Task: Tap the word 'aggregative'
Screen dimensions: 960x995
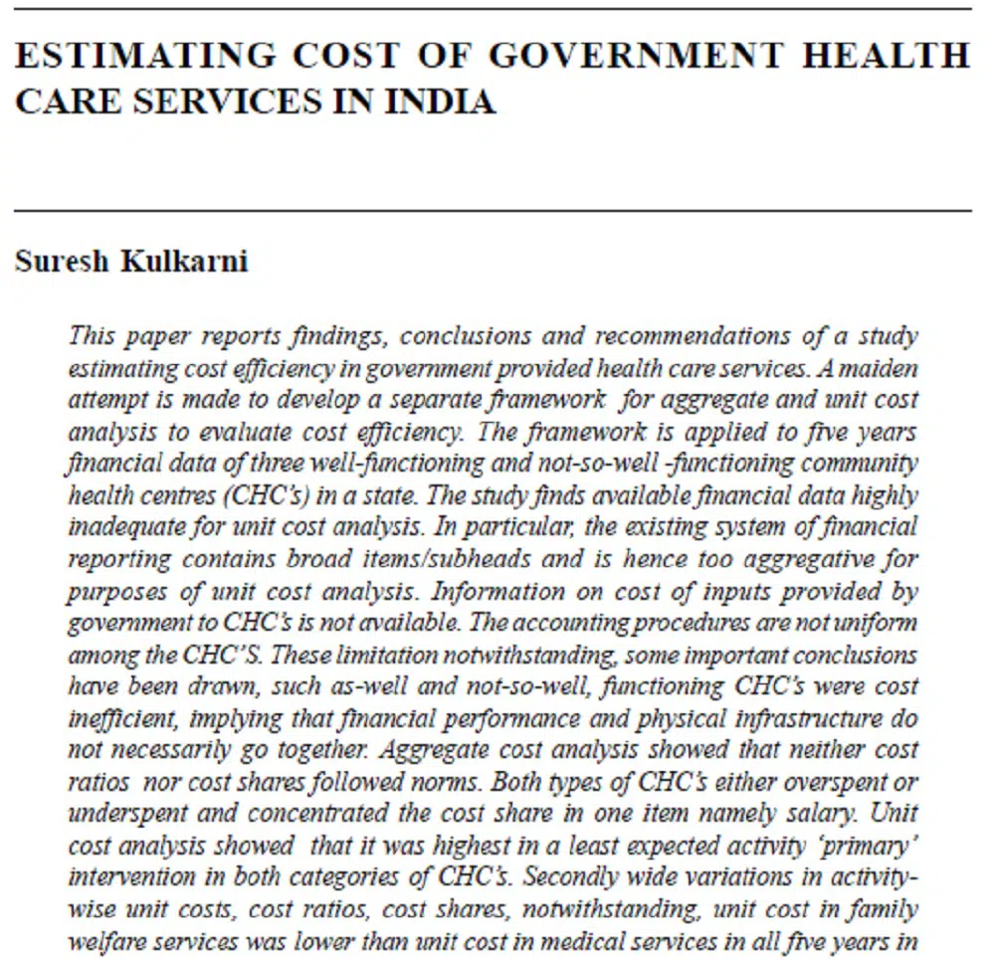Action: click(x=766, y=559)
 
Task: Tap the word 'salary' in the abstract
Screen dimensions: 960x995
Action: click(x=812, y=813)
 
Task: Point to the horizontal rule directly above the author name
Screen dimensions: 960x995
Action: click(x=493, y=211)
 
